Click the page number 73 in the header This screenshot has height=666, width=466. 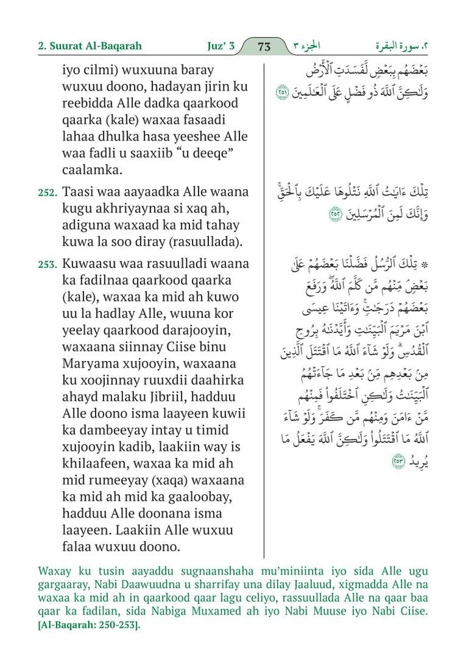point(264,46)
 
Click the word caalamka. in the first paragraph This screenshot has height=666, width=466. point(94,170)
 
